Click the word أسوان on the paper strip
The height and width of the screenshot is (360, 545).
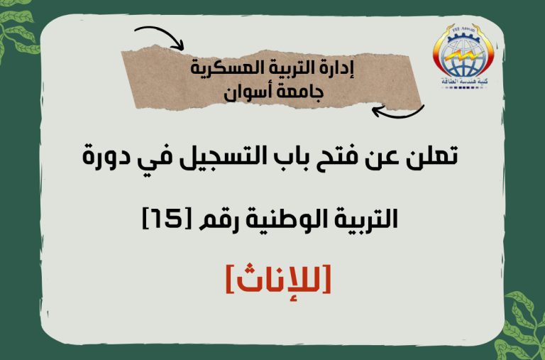(x=246, y=93)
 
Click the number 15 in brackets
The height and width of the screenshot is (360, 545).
(x=168, y=218)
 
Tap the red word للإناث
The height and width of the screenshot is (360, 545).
(x=278, y=278)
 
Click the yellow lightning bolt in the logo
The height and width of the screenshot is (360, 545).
(x=462, y=58)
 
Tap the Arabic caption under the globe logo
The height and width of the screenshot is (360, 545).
(x=464, y=82)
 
